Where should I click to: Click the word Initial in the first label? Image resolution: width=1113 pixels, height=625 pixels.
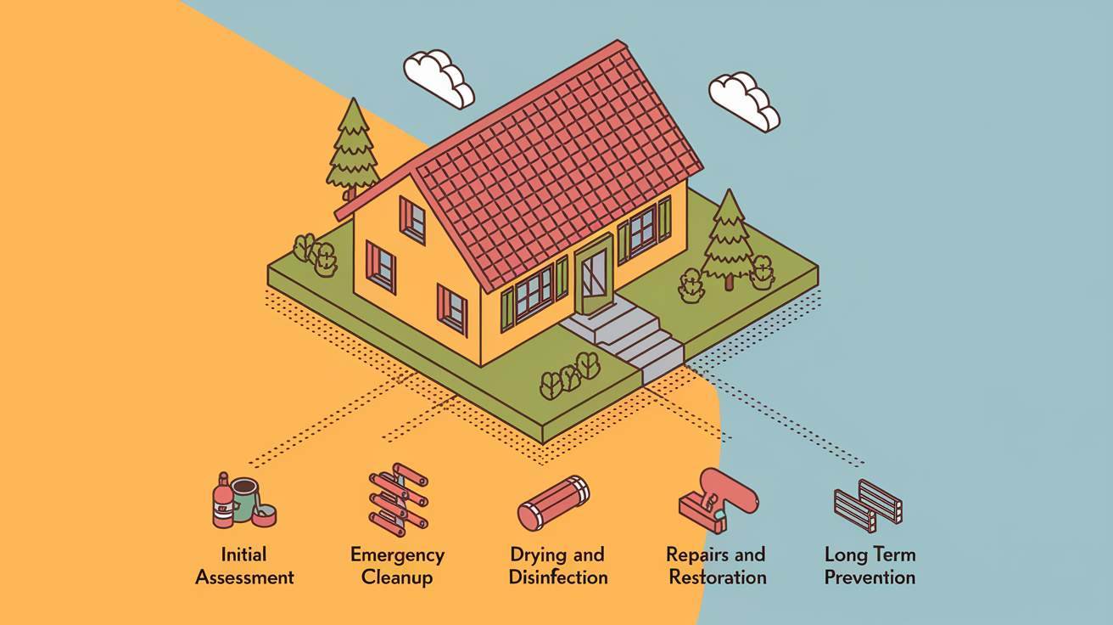tap(243, 555)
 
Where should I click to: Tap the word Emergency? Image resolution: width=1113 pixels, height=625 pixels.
tap(398, 555)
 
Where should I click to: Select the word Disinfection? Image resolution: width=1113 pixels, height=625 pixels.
tap(558, 577)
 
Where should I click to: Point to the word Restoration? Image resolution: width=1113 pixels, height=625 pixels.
tap(718, 577)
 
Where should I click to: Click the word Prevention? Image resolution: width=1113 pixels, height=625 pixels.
tap(870, 577)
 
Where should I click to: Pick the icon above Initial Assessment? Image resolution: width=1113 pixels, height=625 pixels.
tap(244, 500)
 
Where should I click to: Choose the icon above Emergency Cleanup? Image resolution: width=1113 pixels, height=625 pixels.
tap(399, 499)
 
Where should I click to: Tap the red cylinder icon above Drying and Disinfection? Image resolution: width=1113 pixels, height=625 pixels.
tap(553, 503)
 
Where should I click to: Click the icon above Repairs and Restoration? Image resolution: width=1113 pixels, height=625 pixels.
tap(719, 501)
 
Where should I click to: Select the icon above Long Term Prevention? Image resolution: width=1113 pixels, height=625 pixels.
tap(868, 506)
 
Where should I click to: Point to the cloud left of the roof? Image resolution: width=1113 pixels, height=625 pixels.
tap(439, 79)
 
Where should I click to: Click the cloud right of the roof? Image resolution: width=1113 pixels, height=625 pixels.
tap(744, 101)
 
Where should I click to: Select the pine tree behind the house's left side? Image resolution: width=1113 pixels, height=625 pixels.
tap(353, 149)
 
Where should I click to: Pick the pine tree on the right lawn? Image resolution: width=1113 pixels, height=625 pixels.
tap(729, 239)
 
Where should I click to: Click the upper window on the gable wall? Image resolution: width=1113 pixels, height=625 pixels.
tap(412, 220)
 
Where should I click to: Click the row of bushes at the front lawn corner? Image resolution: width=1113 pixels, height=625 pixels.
tap(570, 375)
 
